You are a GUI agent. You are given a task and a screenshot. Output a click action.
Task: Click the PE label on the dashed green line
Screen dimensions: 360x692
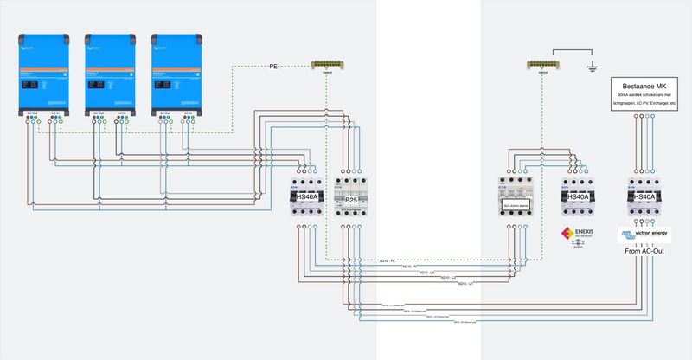coord(273,66)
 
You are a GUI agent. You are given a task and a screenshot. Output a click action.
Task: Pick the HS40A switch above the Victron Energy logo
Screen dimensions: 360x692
coord(644,197)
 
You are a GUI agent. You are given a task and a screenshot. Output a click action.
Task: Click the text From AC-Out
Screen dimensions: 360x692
coord(644,251)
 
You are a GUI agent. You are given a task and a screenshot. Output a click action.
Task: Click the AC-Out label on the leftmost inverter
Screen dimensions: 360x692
coord(32,113)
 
